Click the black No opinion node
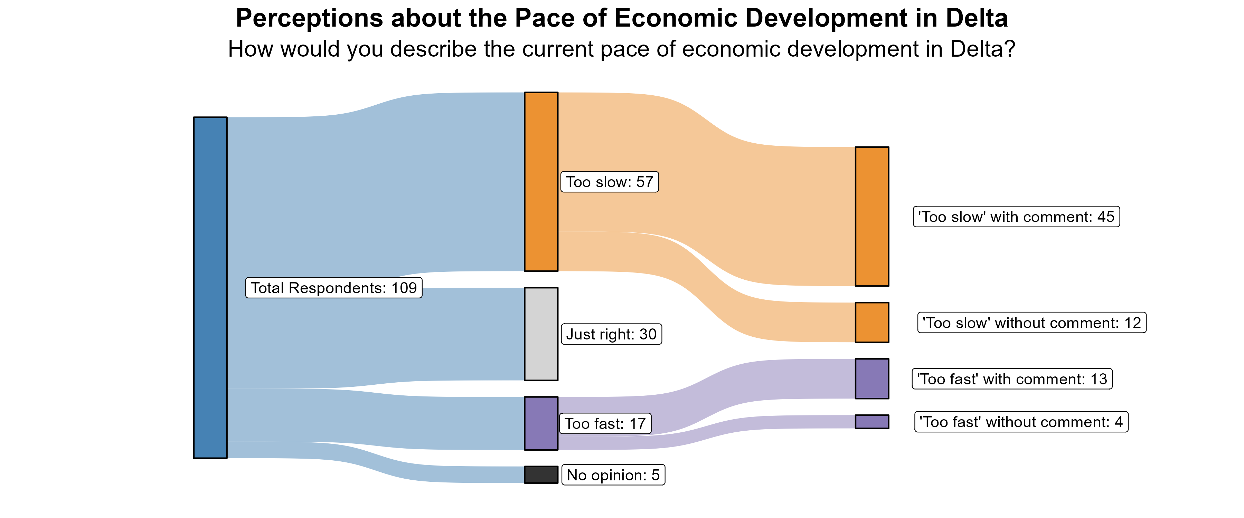point(541,474)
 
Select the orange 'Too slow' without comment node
point(872,323)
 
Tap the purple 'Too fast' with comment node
point(872,378)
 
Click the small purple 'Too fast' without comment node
point(872,421)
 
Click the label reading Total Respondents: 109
point(334,288)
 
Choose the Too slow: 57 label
point(610,182)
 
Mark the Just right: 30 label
point(611,334)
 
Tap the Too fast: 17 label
point(605,423)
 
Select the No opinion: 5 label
point(613,475)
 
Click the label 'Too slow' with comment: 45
point(1016,217)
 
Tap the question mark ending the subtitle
point(1010,49)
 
